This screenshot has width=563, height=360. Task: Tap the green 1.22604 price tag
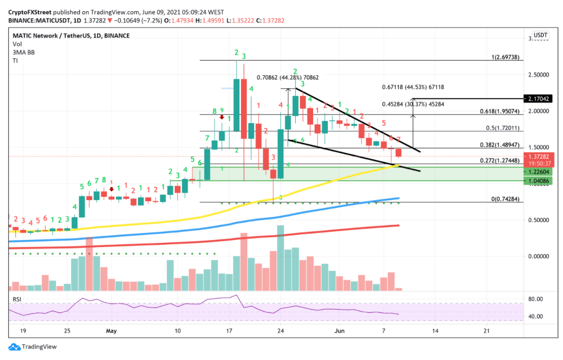point(539,172)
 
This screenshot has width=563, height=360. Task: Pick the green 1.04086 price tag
point(539,181)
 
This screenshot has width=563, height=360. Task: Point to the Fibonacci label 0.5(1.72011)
point(503,128)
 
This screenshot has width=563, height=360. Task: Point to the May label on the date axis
point(112,331)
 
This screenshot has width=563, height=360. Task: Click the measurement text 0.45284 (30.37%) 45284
point(413,104)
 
